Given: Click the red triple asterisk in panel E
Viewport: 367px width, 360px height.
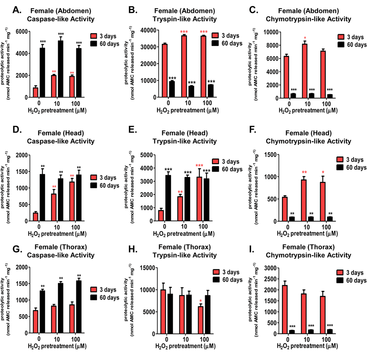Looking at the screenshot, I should tap(199, 166).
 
